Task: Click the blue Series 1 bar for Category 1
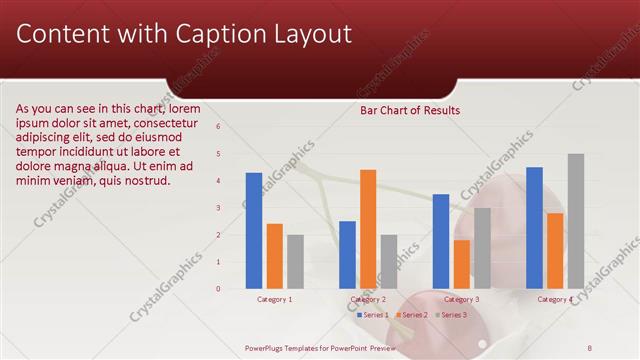(254, 231)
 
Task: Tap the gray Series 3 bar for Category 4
(576, 221)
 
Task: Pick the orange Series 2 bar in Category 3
(461, 264)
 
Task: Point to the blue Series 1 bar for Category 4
(534, 228)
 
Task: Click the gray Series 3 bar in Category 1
(295, 262)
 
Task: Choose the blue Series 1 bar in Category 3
(441, 241)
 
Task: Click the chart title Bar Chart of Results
(410, 111)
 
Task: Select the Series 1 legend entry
(372, 315)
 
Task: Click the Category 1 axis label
(275, 299)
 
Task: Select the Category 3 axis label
(461, 299)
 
